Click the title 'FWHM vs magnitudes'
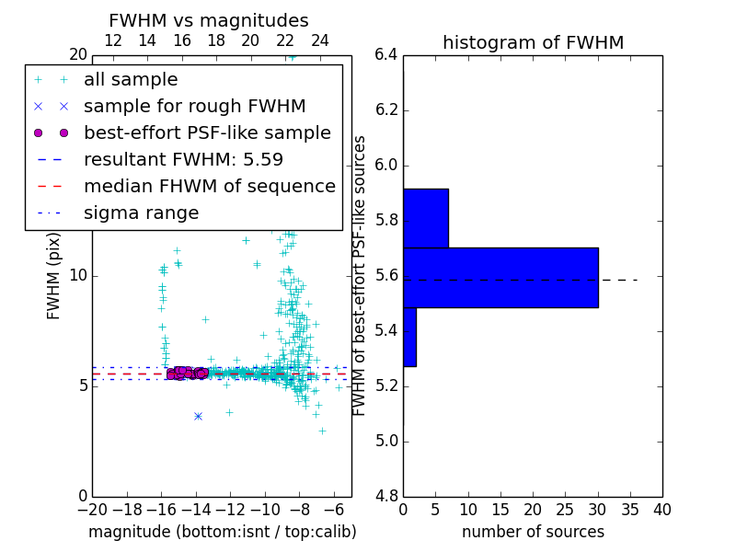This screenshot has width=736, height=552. pos(209,21)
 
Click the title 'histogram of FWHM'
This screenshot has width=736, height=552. pos(533,42)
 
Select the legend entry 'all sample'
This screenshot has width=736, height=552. pos(131,80)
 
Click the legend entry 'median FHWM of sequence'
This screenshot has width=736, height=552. pos(209,186)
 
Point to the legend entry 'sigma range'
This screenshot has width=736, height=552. pos(141,213)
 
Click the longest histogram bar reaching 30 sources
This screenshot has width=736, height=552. pos(500,277)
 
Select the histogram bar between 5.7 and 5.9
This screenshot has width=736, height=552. pos(426,218)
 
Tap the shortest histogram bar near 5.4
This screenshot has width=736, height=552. pos(409,337)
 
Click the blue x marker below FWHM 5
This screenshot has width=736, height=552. pos(198,416)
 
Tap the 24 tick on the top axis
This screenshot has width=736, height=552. pos(320,40)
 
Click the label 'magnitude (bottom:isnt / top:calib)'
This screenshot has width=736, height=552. pos(222,532)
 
